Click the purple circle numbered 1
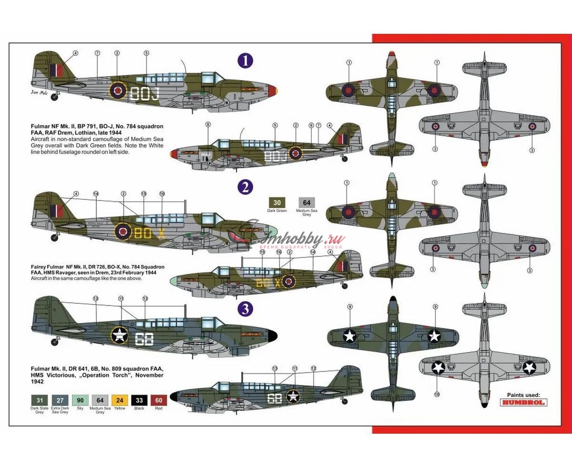coord(245,61)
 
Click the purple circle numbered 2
coord(245,187)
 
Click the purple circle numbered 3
coord(245,309)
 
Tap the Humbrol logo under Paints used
coord(523,402)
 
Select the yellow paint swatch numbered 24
coord(120,400)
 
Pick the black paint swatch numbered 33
coord(139,400)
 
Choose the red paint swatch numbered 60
coord(158,400)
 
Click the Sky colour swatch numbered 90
coord(80,400)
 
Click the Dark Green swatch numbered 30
coord(277,203)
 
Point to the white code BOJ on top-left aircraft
coord(145,93)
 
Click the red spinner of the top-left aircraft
coord(273,90)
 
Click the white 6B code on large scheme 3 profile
coord(144,339)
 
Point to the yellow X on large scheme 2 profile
coord(162,233)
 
